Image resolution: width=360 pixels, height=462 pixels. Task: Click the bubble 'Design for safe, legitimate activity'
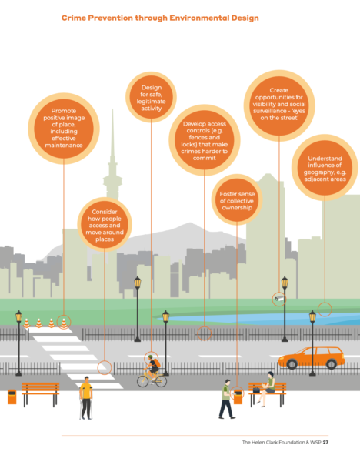coord(151,97)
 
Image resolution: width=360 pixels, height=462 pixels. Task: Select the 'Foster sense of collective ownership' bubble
coord(237,199)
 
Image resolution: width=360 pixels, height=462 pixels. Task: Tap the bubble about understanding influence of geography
coord(325,168)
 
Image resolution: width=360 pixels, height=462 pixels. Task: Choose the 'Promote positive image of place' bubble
coord(64,129)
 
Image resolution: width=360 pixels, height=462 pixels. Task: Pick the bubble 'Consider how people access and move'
coord(105,225)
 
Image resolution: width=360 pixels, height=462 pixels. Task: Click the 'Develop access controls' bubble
coord(205,140)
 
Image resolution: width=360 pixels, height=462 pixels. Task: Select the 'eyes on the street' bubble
coord(279,105)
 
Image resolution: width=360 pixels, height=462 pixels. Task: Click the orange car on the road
coord(312,357)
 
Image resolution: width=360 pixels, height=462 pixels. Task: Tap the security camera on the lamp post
coord(280,299)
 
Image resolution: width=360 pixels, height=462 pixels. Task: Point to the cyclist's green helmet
coord(151,357)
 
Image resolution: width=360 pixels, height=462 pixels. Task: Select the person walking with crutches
coord(86,398)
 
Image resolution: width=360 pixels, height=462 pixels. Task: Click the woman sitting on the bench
coord(267,389)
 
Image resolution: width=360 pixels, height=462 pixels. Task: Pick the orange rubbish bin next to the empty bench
coord(12,397)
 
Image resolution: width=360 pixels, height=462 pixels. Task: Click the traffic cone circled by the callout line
coord(64,323)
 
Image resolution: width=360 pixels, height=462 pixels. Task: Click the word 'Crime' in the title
coord(74,18)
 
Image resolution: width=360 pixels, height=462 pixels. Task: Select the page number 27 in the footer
coord(325,442)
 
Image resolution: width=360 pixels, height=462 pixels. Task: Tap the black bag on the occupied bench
coord(256,390)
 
